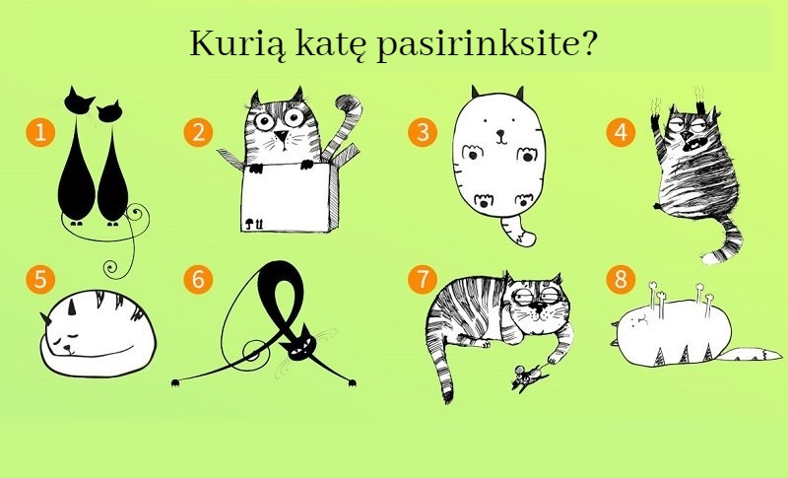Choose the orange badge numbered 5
click(39, 279)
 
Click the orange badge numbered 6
click(200, 279)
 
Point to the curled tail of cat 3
click(518, 233)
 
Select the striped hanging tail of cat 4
click(726, 239)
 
